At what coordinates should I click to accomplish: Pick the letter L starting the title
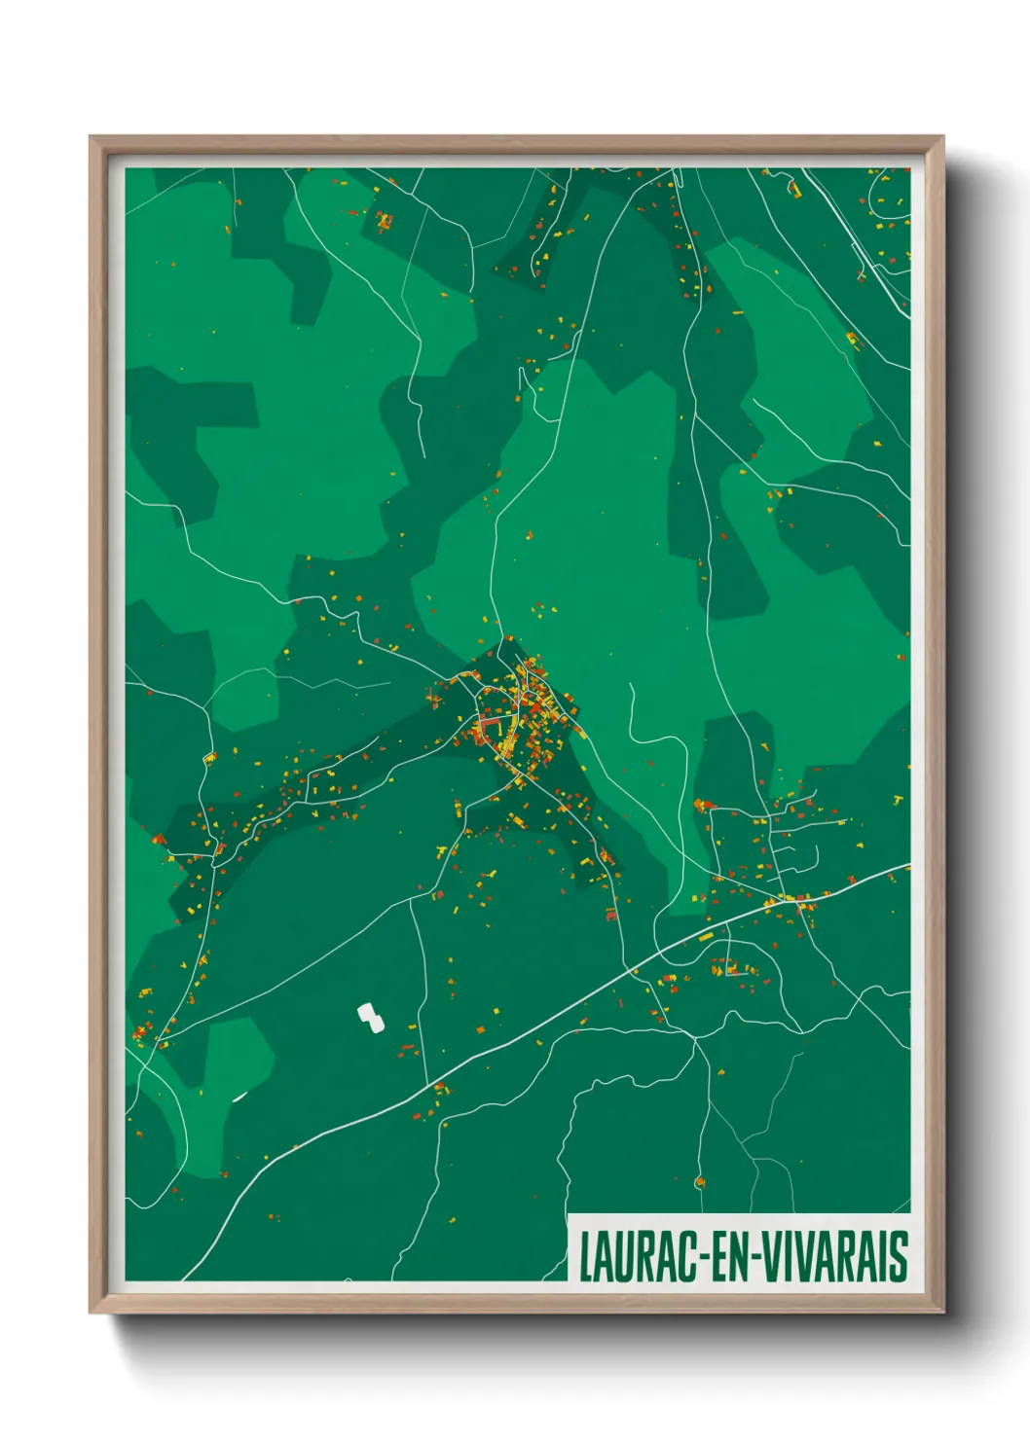pos(587,1257)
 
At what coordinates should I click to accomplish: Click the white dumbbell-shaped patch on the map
pos(370,1018)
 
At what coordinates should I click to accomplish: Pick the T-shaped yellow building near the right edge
pos(898,800)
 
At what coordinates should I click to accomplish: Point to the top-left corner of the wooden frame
pos(92,138)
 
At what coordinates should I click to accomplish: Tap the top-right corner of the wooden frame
pos(942,138)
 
